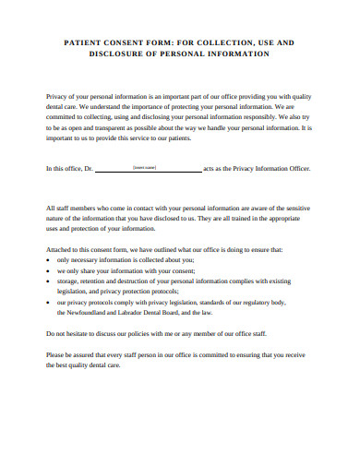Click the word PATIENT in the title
point(83,42)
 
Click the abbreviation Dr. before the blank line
point(90,169)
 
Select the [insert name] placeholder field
point(145,167)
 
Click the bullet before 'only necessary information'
point(48,260)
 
